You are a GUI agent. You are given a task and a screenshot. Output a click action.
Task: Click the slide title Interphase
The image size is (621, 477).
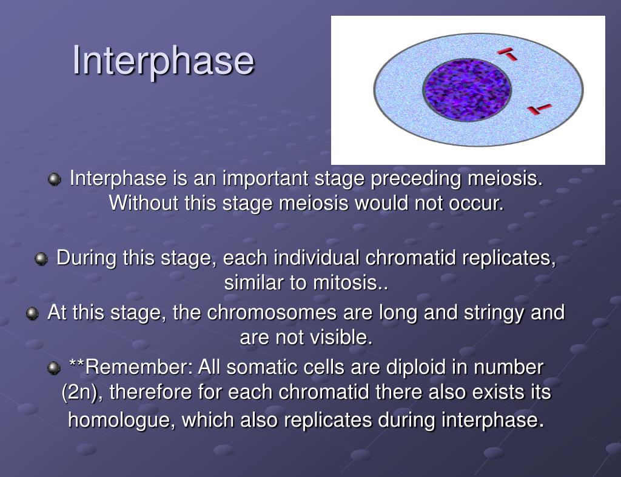point(163,61)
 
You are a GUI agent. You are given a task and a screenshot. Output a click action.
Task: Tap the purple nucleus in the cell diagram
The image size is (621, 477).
point(467,90)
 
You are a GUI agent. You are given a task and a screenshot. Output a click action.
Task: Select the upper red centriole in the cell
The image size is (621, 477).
point(507,54)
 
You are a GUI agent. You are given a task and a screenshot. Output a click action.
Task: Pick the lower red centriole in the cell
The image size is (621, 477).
point(539,109)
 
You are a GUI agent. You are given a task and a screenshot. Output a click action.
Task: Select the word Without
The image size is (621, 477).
point(143,203)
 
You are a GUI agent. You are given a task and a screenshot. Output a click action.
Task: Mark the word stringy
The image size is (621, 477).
point(494,313)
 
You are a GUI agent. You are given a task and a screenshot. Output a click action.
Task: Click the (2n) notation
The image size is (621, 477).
point(79,392)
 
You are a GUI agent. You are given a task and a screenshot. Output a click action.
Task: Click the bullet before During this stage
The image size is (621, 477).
point(41,259)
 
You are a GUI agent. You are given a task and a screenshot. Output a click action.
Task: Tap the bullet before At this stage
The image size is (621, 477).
point(33,314)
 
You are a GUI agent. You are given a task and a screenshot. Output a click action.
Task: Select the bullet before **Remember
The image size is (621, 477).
point(54,369)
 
